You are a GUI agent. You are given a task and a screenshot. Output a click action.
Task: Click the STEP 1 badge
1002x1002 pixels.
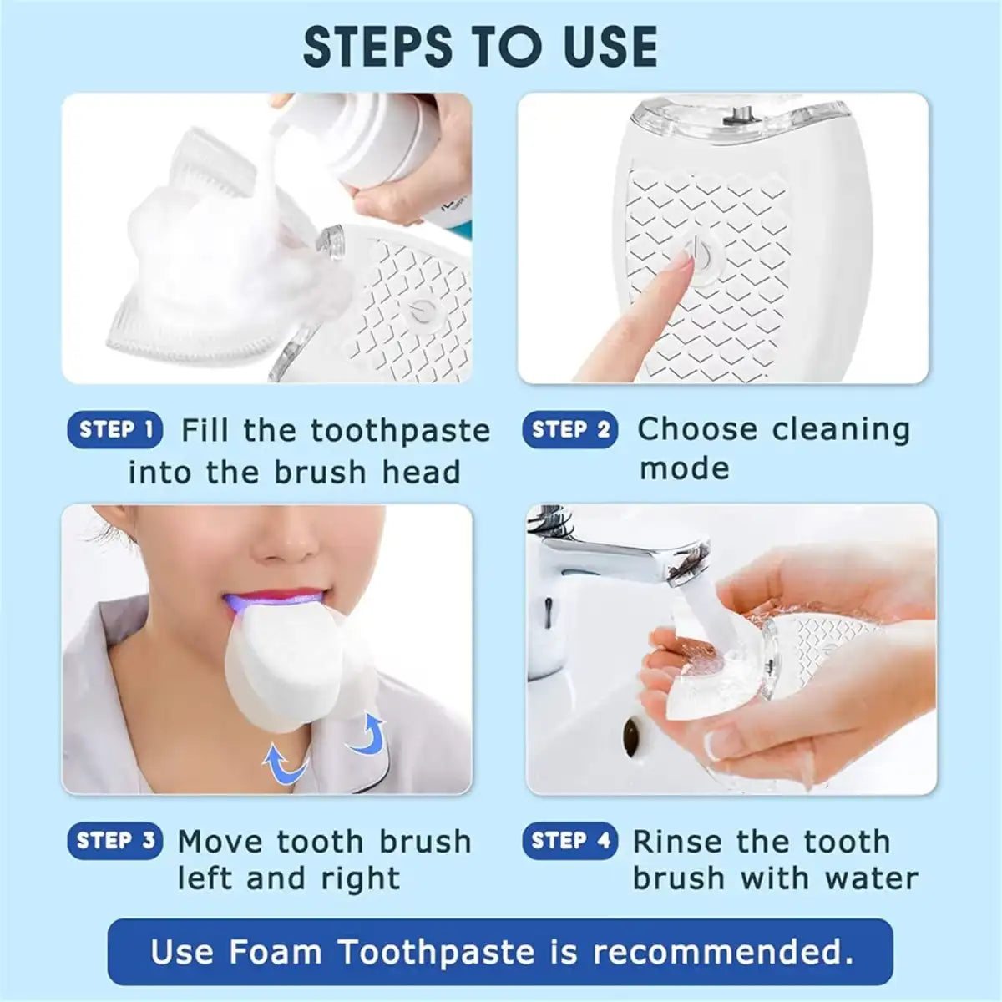[x=114, y=430]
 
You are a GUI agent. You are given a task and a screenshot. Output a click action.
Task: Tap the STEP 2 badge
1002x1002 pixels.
[x=570, y=430]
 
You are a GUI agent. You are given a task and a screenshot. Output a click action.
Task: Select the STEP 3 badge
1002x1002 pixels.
[x=114, y=841]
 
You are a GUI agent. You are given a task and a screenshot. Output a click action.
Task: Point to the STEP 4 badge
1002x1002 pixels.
[x=570, y=841]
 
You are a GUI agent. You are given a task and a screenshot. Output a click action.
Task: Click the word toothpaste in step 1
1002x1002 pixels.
[x=400, y=431]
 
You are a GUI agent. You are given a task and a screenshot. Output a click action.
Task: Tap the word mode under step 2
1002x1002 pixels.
[x=684, y=468]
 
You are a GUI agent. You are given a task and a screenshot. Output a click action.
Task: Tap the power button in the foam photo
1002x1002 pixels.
[x=419, y=312]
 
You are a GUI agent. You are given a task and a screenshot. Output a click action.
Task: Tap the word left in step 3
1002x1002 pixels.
[x=201, y=878]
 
